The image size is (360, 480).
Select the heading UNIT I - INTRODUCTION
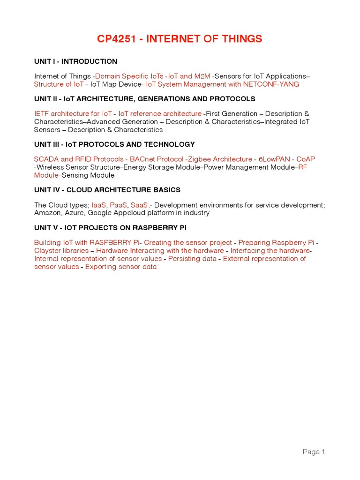coord(75,61)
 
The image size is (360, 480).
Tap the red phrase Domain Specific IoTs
coord(129,76)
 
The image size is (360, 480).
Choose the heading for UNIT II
coord(144,99)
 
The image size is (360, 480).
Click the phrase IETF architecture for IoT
coord(73,113)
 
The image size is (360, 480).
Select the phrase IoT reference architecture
coord(160,113)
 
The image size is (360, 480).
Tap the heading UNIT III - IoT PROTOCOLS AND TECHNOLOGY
coord(114,144)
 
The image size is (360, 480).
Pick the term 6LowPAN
coord(274,159)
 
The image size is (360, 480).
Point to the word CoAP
coord(306,159)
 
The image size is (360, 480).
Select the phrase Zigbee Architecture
coord(220,159)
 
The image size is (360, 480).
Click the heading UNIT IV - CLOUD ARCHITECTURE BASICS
coord(107,190)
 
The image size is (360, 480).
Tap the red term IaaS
coord(99,205)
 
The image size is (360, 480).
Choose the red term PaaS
coord(118,205)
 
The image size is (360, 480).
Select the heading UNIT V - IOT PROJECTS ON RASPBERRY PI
coord(111,228)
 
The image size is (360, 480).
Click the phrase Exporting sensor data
coord(121,267)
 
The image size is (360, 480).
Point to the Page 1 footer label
coord(314,452)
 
